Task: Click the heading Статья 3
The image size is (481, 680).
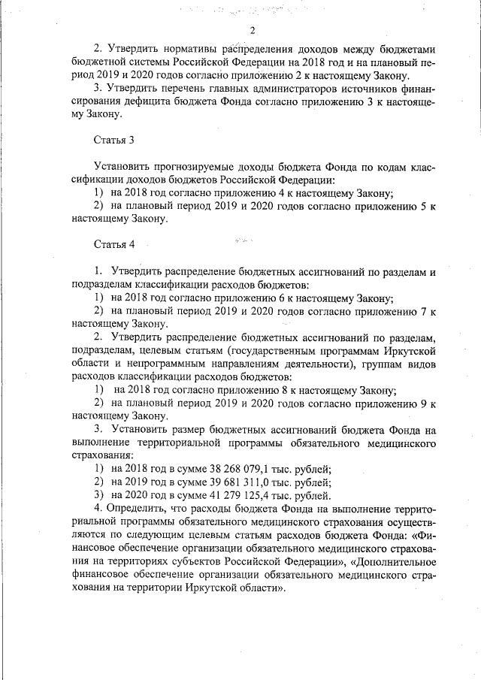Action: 114,141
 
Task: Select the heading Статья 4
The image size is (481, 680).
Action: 114,246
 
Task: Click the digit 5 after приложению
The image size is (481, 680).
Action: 423,206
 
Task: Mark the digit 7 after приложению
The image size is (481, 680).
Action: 423,311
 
